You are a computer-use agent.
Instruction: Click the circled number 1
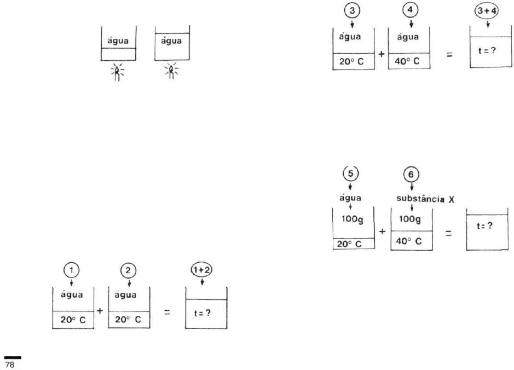tap(72, 271)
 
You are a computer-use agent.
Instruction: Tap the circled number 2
tap(128, 271)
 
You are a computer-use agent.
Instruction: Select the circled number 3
tap(352, 11)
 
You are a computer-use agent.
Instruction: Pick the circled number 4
tap(410, 10)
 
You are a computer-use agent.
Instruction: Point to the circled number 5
tap(351, 174)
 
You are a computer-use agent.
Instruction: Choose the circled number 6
tap(411, 175)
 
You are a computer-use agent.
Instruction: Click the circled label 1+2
tap(201, 270)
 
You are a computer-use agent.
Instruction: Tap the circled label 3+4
tap(487, 11)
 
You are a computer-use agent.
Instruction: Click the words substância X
tap(425, 199)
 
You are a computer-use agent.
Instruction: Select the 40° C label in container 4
tap(407, 61)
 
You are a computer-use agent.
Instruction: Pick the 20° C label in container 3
tap(351, 62)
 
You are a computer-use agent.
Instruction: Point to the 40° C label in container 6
tap(409, 241)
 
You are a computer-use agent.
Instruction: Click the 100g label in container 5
tap(352, 219)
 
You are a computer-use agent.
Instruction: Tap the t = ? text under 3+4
tap(487, 51)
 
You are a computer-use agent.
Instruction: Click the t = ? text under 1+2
tap(202, 313)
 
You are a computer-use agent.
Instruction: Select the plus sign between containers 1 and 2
tap(100, 311)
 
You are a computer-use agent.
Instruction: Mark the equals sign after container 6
tap(448, 233)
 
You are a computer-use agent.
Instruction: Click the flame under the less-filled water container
tap(117, 72)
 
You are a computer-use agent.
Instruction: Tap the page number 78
tap(10, 365)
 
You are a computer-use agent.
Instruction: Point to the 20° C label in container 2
tap(128, 320)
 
